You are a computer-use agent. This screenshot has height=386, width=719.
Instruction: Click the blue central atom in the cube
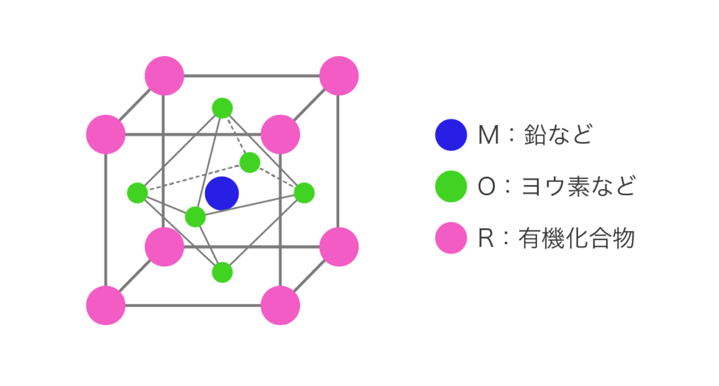[x=222, y=193]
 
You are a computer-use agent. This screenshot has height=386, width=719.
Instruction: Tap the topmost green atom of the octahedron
[x=222, y=108]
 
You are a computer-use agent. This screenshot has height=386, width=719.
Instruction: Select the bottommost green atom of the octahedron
[x=222, y=272]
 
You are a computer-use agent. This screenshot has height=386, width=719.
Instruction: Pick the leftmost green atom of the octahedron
[x=137, y=192]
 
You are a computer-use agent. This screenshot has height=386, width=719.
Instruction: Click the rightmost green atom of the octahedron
[x=304, y=192]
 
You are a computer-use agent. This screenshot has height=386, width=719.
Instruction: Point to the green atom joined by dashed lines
[x=249, y=162]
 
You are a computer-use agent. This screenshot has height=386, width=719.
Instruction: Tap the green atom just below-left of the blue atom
[x=195, y=217]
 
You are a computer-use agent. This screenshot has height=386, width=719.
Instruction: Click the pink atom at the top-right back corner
[x=339, y=75]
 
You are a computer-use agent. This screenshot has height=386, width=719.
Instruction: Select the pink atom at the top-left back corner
[x=164, y=75]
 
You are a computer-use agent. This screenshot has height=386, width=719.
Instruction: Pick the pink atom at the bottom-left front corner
[x=105, y=305]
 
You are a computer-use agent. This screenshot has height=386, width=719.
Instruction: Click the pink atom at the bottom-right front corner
[x=280, y=305]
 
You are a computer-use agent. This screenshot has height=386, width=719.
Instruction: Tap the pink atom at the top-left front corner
[x=105, y=133]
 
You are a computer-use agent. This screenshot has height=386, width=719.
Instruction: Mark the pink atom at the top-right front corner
[x=280, y=133]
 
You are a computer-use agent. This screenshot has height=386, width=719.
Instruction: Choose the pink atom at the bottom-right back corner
[x=339, y=246]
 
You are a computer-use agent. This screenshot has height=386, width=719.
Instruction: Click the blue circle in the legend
[x=451, y=135]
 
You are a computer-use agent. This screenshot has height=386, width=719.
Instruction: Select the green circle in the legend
[x=451, y=187]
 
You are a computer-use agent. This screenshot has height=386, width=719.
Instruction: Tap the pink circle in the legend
[x=451, y=238]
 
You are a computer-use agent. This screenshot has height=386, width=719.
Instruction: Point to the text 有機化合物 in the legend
[x=576, y=238]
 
